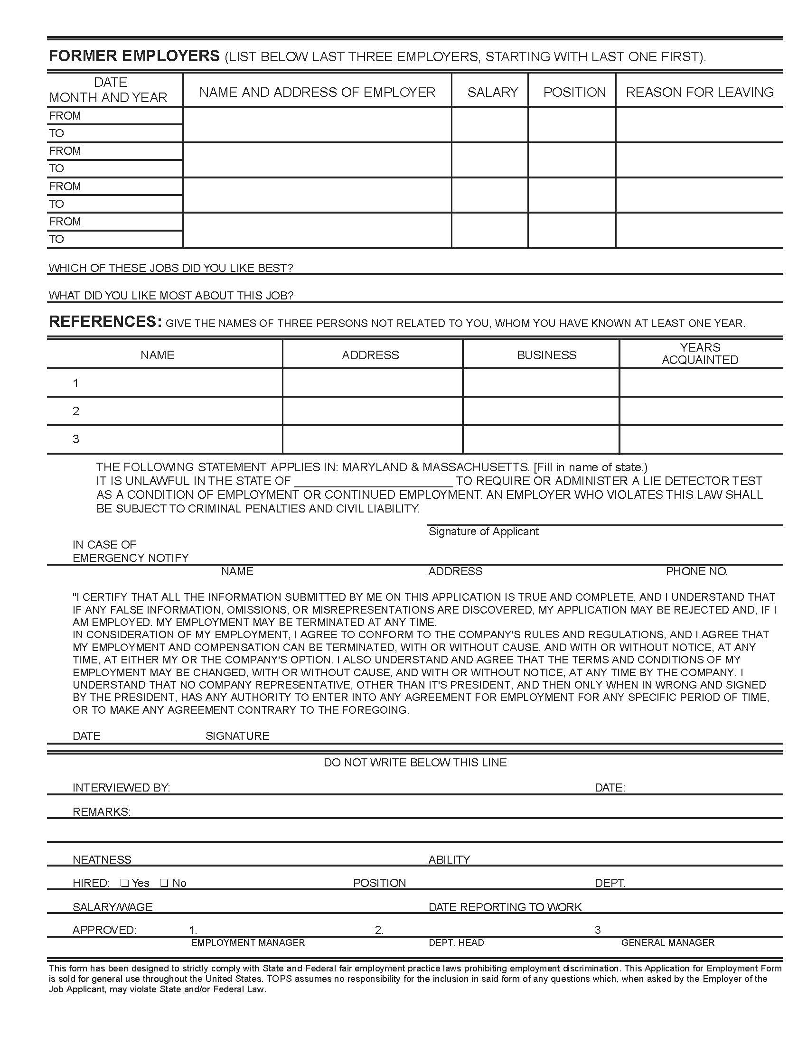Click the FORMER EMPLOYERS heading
[134, 56]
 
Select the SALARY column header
[492, 92]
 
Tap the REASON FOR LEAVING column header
[699, 92]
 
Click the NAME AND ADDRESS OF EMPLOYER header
[317, 92]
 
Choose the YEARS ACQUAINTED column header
[700, 354]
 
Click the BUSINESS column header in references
[546, 354]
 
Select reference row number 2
[75, 411]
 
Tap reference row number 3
[75, 439]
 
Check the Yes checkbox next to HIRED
[124, 883]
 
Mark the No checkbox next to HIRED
[163, 883]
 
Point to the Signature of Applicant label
[483, 531]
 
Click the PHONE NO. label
[696, 571]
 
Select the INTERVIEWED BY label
[121, 788]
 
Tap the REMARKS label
[102, 811]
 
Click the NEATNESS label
[102, 859]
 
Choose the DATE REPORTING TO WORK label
[505, 907]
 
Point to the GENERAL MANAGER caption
[667, 942]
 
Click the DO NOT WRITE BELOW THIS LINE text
[415, 763]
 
